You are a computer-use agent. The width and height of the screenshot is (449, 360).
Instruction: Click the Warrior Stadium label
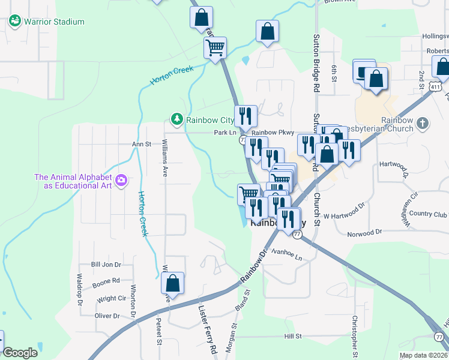[54, 22]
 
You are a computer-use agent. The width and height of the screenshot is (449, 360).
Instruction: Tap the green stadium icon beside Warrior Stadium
[15, 22]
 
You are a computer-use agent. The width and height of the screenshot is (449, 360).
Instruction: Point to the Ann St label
[142, 144]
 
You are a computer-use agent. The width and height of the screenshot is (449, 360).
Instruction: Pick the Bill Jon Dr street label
[106, 264]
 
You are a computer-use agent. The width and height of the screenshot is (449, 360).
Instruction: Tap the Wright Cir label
[111, 298]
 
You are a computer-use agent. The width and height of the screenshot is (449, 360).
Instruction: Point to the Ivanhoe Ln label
[286, 254]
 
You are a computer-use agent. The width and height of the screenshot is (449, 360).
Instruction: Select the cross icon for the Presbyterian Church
[423, 124]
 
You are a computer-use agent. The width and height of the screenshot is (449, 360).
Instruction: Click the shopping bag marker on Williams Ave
[172, 284]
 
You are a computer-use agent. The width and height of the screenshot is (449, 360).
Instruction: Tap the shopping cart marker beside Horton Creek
[215, 48]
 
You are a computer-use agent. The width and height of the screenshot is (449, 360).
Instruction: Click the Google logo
[20, 353]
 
